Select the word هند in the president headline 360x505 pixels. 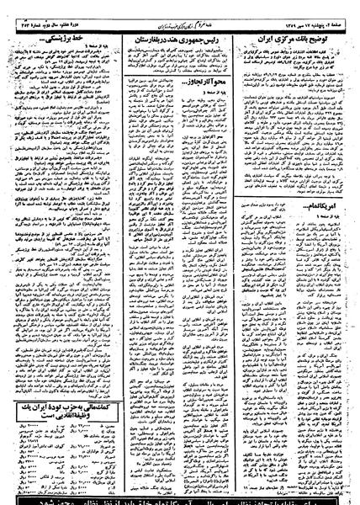pos(180,40)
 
